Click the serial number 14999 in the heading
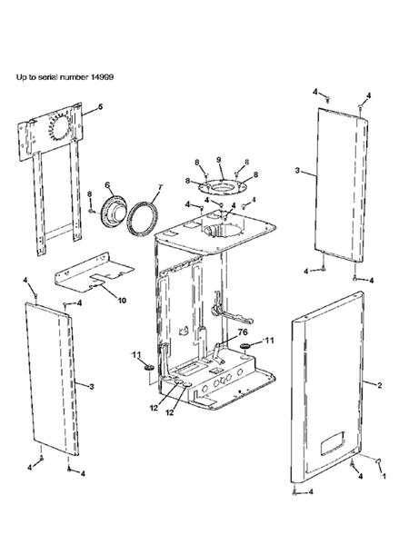[102, 77]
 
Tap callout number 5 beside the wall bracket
[100, 106]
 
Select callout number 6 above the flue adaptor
[107, 185]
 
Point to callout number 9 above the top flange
[219, 160]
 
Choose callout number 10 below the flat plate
[122, 301]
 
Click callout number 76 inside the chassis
[243, 332]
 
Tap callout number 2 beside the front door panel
[380, 385]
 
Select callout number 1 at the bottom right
[384, 476]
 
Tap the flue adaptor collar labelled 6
[113, 212]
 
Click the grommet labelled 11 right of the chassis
[244, 347]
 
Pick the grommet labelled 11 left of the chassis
[149, 367]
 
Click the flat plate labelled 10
[94, 272]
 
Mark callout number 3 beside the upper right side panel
[297, 171]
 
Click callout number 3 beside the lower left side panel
[92, 387]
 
